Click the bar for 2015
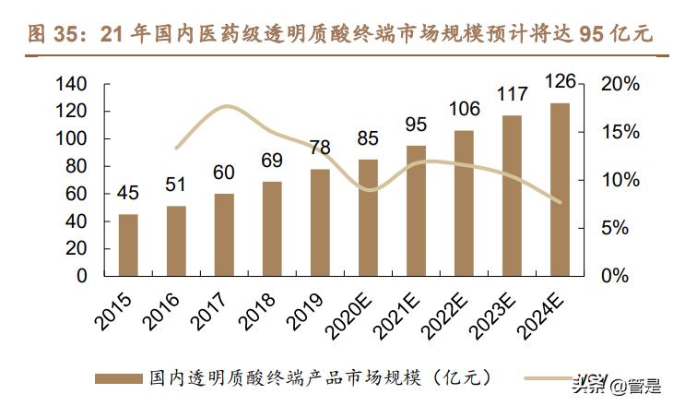[x=128, y=245]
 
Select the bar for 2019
[x=320, y=221]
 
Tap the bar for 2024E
[x=560, y=189]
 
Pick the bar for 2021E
[x=416, y=210]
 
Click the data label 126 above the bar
[x=560, y=82]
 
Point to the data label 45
[x=128, y=194]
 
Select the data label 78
[x=320, y=149]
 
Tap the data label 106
[x=464, y=109]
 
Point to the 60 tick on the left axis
[x=77, y=194]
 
